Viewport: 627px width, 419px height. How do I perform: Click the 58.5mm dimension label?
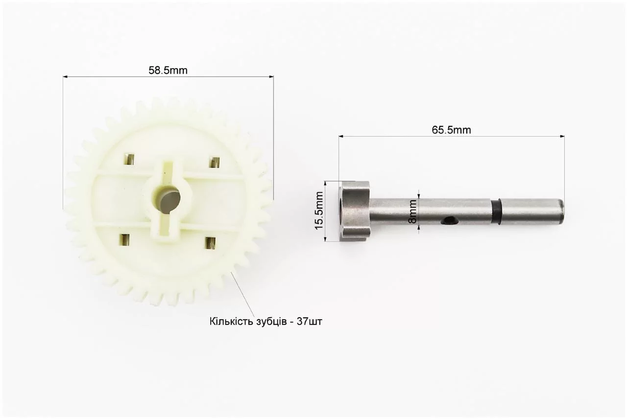pos(168,70)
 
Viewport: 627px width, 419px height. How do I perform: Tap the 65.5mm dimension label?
pos(451,130)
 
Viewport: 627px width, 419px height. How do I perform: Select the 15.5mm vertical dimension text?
pos(319,210)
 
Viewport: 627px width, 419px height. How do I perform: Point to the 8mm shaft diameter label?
pos(412,211)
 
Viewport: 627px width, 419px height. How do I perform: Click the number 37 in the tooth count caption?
pos(302,322)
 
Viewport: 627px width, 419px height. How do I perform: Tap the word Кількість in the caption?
pos(231,322)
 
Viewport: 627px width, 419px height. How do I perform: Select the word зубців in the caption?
pos(271,322)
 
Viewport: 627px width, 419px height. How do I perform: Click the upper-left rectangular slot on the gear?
pos(129,160)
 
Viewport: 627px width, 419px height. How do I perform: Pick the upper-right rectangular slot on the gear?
pos(215,162)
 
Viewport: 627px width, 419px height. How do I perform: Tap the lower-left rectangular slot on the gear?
pos(125,240)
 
